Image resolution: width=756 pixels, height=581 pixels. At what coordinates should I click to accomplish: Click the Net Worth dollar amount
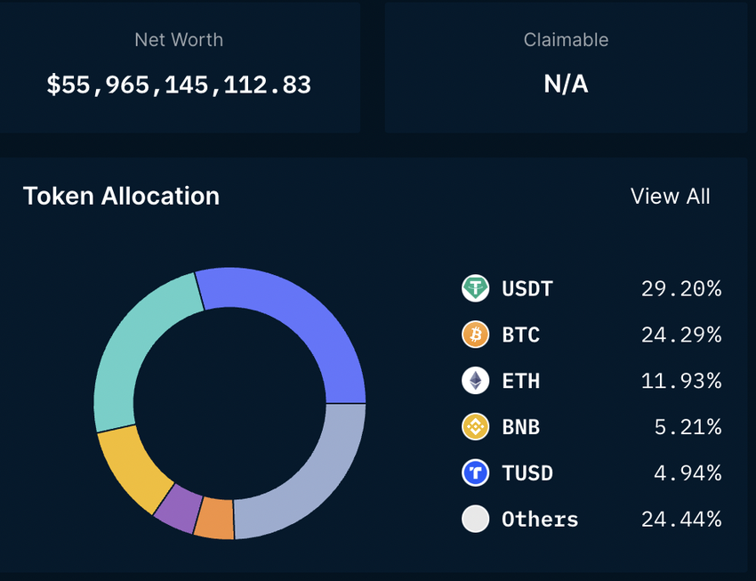click(x=179, y=85)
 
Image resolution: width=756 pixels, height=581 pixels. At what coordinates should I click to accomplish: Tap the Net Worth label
click(x=179, y=40)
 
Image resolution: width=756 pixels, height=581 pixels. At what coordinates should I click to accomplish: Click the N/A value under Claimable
click(x=566, y=85)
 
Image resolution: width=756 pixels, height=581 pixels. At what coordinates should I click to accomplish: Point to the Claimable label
click(x=566, y=40)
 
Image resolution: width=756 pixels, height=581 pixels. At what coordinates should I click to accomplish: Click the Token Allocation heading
click(x=121, y=197)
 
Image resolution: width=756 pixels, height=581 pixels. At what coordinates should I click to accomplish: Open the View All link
click(x=670, y=197)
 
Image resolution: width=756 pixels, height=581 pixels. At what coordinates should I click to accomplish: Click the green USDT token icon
click(x=476, y=288)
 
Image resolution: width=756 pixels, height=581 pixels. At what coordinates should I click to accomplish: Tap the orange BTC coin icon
click(x=476, y=335)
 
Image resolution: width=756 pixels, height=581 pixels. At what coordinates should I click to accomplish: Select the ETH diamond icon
click(x=476, y=381)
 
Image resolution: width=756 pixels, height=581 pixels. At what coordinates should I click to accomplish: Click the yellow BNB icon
click(x=476, y=427)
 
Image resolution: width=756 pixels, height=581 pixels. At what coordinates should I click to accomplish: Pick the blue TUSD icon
click(x=476, y=472)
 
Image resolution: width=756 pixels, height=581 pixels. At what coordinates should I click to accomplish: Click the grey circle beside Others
click(x=476, y=519)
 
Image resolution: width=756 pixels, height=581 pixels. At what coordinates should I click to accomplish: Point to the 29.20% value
click(x=681, y=288)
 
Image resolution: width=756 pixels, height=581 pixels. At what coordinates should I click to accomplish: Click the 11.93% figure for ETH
click(x=681, y=381)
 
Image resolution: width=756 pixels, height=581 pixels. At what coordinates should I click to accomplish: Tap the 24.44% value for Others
click(x=681, y=519)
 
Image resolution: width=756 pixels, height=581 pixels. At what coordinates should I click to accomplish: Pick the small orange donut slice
click(x=214, y=518)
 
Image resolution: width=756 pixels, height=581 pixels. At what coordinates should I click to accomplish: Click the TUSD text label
click(x=527, y=472)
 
